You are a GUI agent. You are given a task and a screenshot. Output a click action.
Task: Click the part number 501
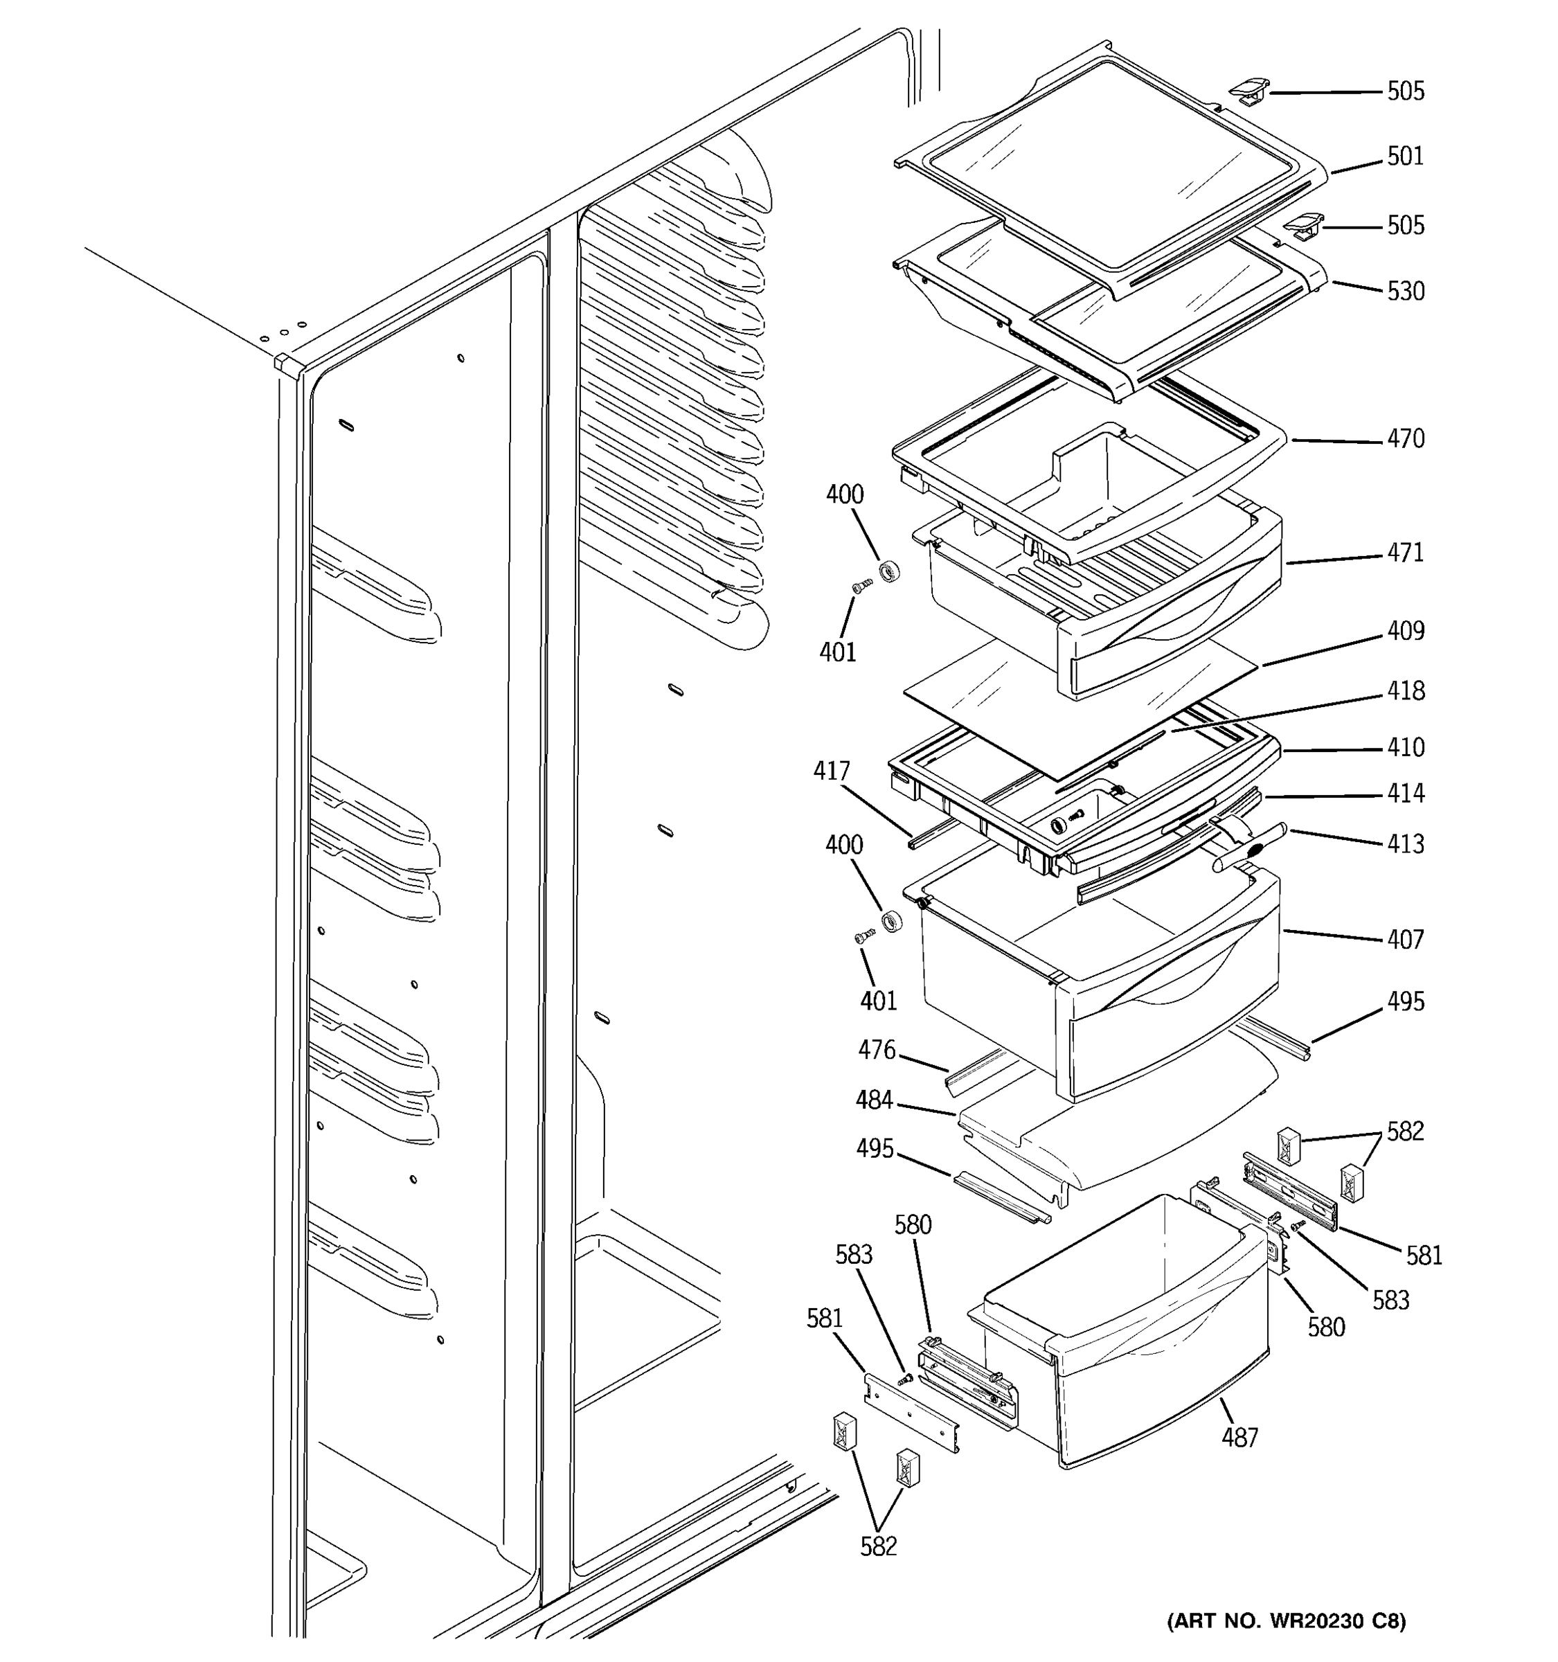[1405, 157]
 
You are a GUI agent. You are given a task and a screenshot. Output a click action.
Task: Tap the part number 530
[1405, 292]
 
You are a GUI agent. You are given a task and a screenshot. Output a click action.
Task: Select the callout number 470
[1405, 439]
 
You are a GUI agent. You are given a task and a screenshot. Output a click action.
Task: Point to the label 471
[1405, 553]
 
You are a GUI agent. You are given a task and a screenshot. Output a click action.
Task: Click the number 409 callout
[1405, 630]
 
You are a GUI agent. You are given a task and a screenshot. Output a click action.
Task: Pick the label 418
[1405, 690]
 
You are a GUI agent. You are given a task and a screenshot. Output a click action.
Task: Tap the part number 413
[1405, 843]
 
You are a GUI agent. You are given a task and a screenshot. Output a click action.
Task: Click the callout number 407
[1405, 940]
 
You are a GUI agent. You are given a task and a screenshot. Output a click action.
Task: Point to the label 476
[877, 1050]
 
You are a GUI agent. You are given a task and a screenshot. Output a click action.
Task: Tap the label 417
[832, 771]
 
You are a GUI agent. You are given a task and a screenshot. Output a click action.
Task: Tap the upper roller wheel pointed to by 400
[889, 572]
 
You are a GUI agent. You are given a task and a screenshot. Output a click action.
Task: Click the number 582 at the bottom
[879, 1546]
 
